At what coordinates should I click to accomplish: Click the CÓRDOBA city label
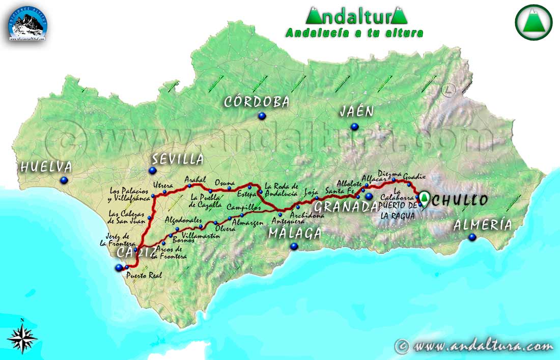pos(257,102)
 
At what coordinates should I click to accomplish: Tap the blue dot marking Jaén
pos(354,126)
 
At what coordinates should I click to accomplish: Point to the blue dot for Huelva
pos(64,180)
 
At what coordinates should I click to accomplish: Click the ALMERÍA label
pos(482,225)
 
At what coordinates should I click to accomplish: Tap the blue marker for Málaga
pos(294,246)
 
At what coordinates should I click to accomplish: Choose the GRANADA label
pos(346,207)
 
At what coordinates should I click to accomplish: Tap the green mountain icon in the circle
pos(533,21)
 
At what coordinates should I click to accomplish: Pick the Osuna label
pos(225,182)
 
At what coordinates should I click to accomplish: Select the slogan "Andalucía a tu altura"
pos(354,33)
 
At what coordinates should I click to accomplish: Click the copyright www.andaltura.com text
pos(474,346)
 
